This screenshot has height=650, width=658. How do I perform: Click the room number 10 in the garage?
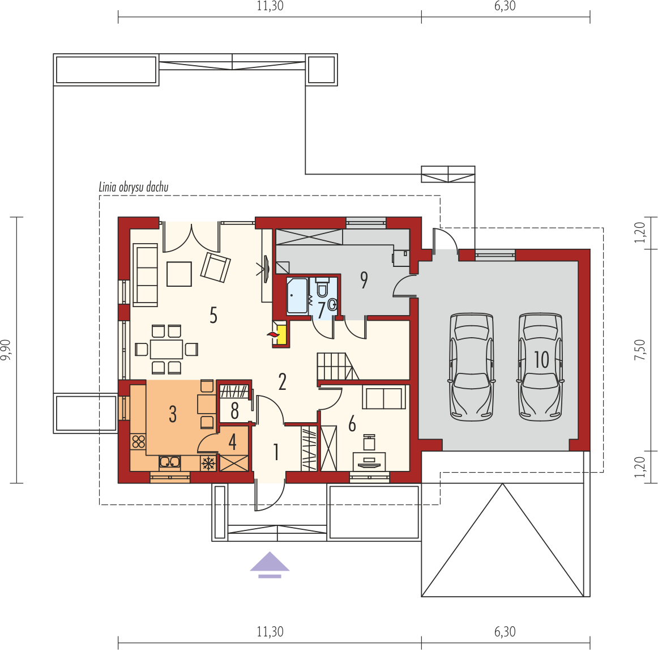point(541,359)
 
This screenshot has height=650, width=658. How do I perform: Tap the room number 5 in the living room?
point(213,315)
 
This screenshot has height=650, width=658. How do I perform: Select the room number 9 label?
point(364,280)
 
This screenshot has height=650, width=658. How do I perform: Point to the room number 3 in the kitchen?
point(173,414)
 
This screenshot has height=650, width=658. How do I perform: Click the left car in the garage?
point(471,367)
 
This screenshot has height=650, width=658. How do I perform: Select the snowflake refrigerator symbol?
point(208,463)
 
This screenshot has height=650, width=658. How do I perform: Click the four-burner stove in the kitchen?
point(139,441)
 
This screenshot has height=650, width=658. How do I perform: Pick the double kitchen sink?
point(169,462)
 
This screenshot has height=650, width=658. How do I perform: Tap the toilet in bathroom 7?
point(322,286)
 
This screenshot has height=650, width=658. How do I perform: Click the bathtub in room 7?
point(297,295)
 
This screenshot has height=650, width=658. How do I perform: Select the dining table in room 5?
point(166,349)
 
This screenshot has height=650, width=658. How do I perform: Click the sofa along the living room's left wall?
point(145,275)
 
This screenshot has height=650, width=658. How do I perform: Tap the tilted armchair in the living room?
point(215,267)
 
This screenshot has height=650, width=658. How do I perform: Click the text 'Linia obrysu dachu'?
point(134,187)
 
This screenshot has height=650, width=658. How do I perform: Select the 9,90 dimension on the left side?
point(7,350)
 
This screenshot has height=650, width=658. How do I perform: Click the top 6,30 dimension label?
point(505,6)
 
